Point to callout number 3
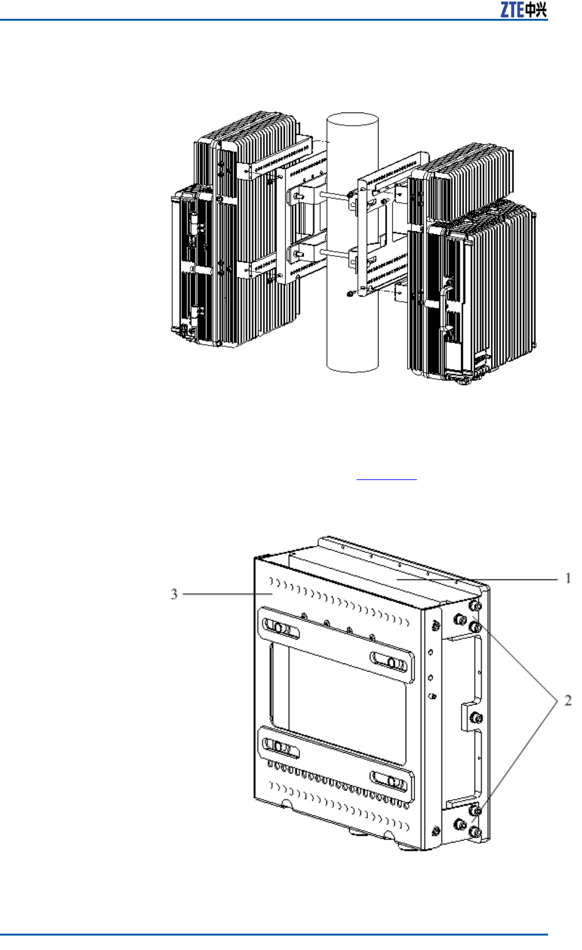(175, 594)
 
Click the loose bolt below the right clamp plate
(350, 293)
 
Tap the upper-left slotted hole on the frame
(277, 627)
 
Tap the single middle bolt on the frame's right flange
(475, 718)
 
